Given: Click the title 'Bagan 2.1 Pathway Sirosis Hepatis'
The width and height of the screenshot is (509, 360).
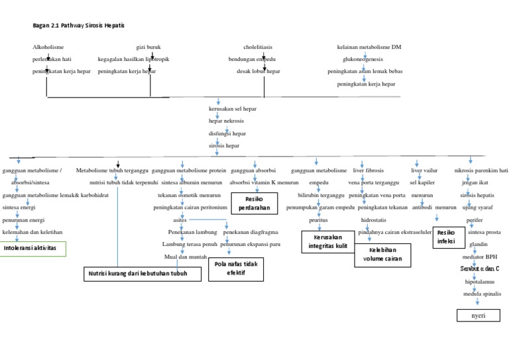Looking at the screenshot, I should coord(78,25).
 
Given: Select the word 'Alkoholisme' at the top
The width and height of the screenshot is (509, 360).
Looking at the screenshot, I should coord(48,48).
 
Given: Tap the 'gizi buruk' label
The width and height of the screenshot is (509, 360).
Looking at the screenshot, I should coord(149,48).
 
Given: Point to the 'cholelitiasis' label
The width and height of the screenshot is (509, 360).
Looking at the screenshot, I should coord(258,48).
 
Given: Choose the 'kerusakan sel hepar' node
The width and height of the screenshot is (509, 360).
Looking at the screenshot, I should coord(233,108).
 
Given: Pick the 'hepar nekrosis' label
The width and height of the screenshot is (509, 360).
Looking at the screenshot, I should coord(226,121).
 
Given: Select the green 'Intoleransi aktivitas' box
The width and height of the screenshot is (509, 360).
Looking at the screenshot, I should coord(34,248).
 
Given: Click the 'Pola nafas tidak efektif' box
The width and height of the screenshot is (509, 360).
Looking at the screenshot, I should coord(235,268).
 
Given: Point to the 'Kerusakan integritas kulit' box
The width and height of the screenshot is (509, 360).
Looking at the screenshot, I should coord(328,241).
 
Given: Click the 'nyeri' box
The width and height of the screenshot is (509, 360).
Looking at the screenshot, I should coord(478,316).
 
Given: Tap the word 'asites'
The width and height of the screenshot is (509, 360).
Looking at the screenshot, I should coord(180,219).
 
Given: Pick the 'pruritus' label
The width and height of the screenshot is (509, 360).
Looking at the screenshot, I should coord(318,219).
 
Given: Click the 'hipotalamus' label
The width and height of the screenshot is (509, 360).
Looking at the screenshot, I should coord(478,281).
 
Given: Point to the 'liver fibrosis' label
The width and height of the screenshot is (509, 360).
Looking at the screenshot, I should coord(368,170).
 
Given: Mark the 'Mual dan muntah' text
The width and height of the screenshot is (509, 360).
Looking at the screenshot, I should coord(186,257).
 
